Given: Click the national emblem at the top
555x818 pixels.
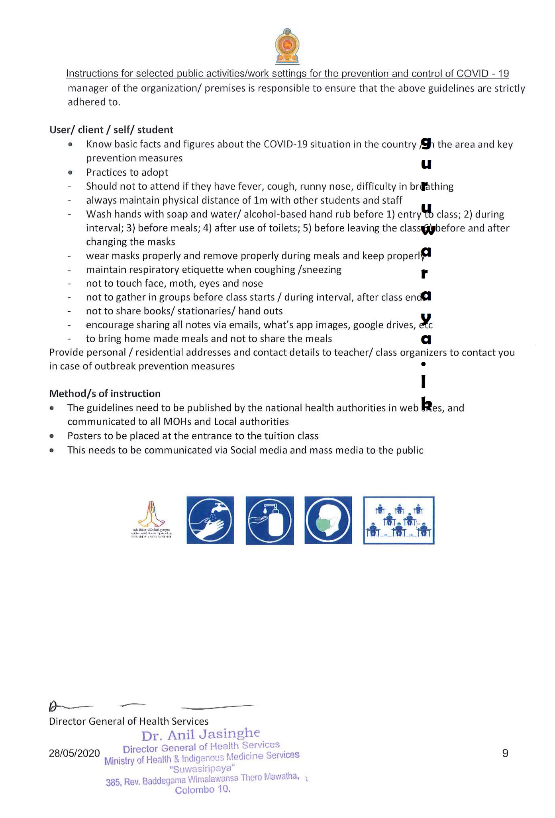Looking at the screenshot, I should [x=287, y=46].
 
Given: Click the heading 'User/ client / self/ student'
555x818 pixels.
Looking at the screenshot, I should [x=111, y=130].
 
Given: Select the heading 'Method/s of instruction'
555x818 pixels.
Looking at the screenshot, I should [x=105, y=394].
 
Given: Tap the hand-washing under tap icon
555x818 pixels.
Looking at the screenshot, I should [x=210, y=520].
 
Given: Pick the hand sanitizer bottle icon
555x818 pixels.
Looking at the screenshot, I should [x=270, y=520].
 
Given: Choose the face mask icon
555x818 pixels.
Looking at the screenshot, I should [x=328, y=520].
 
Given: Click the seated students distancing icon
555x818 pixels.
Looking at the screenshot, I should [x=398, y=520].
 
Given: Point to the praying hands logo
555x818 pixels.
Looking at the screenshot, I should [x=151, y=518].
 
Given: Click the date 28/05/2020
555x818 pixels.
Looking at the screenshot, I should [x=74, y=753].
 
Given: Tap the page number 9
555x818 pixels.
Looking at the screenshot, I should [x=505, y=753].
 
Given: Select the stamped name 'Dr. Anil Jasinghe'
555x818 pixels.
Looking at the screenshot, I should [x=201, y=734].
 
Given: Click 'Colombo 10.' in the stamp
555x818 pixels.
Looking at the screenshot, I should [x=203, y=790].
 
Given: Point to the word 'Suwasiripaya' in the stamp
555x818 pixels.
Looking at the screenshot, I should [x=202, y=768].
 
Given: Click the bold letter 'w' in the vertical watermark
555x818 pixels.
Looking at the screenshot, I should [x=428, y=230].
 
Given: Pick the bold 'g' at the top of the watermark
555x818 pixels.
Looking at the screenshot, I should [x=426, y=143].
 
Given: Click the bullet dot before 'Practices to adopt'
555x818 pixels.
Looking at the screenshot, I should [x=70, y=173].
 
